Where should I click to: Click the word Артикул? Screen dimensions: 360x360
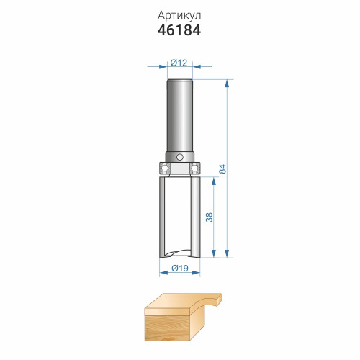[x=179, y=16]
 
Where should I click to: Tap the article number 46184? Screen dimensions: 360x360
[x=179, y=30]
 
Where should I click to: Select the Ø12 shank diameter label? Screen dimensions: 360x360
[x=179, y=63]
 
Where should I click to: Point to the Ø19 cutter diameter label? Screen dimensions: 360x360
[x=180, y=268]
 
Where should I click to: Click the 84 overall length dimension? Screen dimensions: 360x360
[x=222, y=168]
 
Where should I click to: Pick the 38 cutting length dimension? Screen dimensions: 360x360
[x=210, y=217]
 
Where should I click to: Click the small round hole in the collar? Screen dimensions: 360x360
[x=179, y=157]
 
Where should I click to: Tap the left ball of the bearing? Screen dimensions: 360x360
[x=165, y=168]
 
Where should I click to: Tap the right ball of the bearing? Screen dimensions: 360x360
[x=194, y=168]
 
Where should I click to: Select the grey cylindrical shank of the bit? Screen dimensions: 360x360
[x=180, y=116]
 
